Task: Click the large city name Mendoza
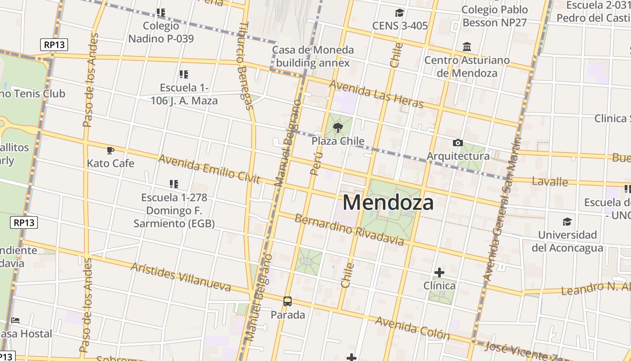click(388, 203)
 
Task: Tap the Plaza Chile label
click(338, 141)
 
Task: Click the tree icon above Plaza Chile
click(338, 128)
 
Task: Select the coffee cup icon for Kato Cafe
click(110, 150)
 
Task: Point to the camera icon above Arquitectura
click(458, 143)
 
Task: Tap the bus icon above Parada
click(288, 301)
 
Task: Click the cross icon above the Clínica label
click(439, 273)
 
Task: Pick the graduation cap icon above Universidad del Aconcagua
click(567, 222)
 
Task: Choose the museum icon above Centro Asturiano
click(467, 47)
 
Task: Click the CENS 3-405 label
click(400, 26)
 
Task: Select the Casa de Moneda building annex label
click(313, 56)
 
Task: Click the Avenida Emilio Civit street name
click(209, 169)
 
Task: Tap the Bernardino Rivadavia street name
click(349, 230)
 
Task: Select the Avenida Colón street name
click(412, 328)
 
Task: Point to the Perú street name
click(317, 163)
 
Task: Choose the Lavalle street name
click(550, 181)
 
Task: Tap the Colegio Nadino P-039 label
click(161, 32)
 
